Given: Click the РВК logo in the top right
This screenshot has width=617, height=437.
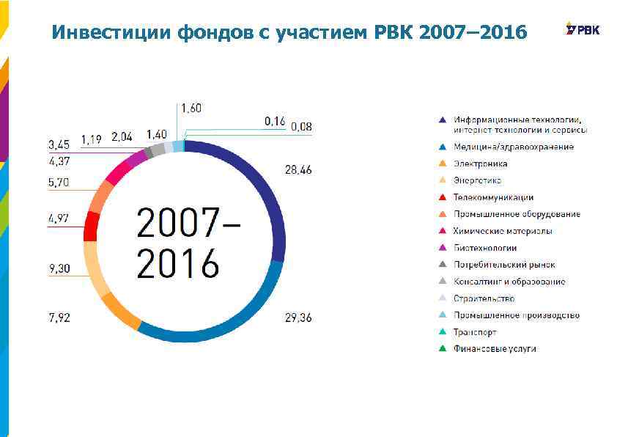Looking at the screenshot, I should (x=583, y=29).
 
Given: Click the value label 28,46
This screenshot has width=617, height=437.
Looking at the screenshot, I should (x=298, y=170).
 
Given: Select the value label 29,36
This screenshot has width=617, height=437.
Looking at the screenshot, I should (x=298, y=317).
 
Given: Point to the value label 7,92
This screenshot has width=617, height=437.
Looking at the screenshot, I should (x=59, y=317).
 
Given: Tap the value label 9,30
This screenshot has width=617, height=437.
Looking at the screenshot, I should (x=59, y=269).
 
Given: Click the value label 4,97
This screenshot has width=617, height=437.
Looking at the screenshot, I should (x=59, y=218).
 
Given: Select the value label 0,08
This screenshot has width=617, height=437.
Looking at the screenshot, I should (x=301, y=127).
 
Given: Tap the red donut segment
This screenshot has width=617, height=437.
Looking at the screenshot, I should (x=92, y=226).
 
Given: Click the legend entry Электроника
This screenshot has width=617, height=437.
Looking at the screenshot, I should (x=480, y=164).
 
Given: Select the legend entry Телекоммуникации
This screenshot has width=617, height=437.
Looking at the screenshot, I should (x=492, y=197).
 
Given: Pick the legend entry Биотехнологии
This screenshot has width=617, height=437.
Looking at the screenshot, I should (x=484, y=248).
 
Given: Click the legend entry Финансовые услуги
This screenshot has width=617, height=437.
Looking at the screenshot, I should (x=494, y=348).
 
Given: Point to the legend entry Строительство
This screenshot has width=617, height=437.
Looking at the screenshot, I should (x=484, y=298).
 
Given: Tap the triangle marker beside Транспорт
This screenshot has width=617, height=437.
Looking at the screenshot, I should (x=443, y=332).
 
